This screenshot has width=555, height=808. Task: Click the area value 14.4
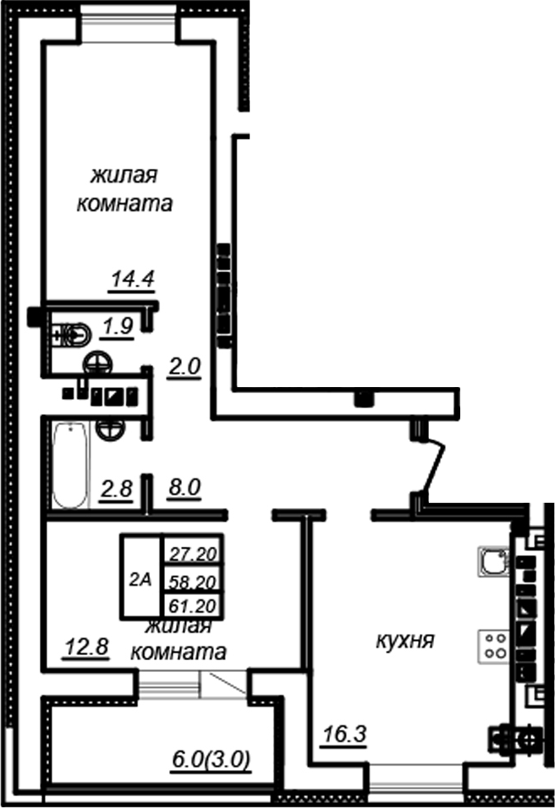tap(134, 279)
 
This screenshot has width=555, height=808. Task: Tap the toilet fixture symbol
tap(69, 336)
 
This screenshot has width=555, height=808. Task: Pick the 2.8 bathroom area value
tap(117, 489)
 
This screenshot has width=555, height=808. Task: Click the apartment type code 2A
tap(140, 579)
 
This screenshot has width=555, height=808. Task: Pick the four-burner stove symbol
tap(496, 645)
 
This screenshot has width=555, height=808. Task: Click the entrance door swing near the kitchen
tap(434, 467)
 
